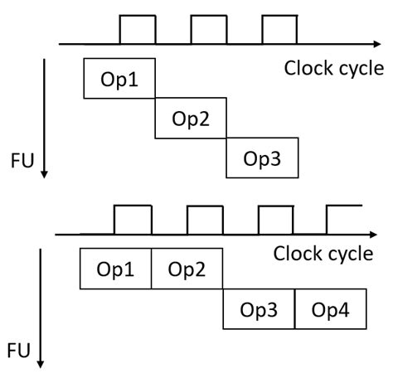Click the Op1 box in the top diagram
point(120,79)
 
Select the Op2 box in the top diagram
point(191,119)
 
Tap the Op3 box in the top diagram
point(261,158)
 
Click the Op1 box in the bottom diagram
point(115,269)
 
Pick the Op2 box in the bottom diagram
point(187,269)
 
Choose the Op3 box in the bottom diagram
point(259,309)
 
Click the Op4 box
point(330,309)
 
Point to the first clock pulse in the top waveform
point(138,30)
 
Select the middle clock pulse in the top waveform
point(208,30)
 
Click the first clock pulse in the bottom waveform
point(133,220)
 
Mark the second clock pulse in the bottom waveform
point(205,220)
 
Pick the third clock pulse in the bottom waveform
point(276,220)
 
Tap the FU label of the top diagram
point(22,158)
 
